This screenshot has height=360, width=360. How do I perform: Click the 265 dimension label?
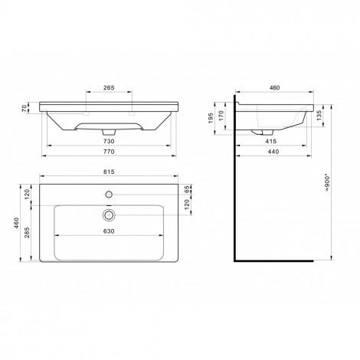(x=109, y=87)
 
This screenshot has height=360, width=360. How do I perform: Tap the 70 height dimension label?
(x=25, y=108)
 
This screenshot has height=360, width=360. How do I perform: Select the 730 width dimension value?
(x=109, y=141)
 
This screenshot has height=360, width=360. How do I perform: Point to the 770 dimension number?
(x=109, y=152)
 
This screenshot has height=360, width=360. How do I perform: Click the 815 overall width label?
(x=109, y=172)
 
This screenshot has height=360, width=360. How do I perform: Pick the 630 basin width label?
(x=109, y=231)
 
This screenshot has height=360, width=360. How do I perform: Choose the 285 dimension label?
(x=27, y=232)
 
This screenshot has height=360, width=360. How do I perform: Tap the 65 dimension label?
(x=187, y=189)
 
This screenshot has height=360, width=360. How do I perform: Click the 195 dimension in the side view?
(x=211, y=118)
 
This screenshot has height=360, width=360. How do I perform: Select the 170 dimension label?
(x=221, y=116)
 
